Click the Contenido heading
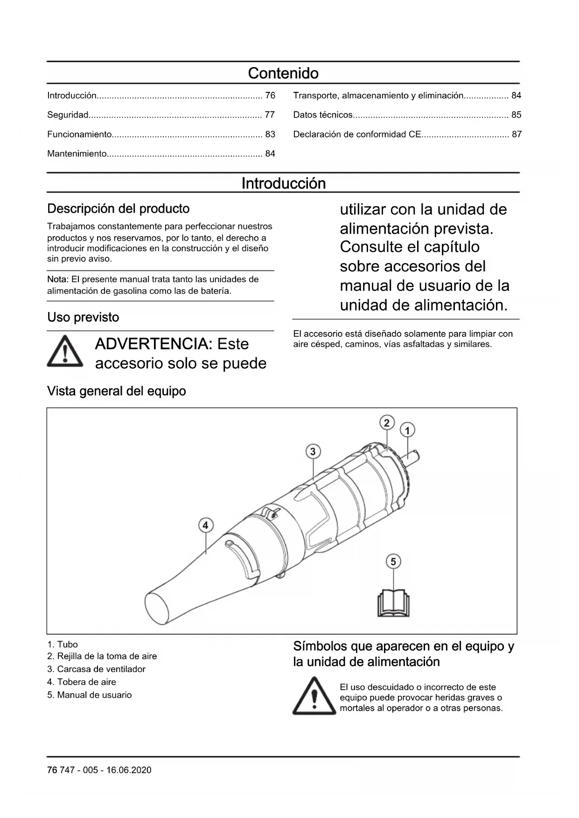tap(283, 73)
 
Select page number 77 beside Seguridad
tap(270, 115)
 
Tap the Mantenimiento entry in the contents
tap(77, 153)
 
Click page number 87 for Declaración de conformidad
tap(516, 134)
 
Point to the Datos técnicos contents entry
tap(323, 115)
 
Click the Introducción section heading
tap(283, 183)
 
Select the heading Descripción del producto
tap(118, 208)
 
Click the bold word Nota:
tap(58, 279)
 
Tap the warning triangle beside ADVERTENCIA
tap(65, 351)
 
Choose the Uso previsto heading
tap(83, 317)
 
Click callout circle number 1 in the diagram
tap(407, 430)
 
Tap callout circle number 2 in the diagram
tap(387, 423)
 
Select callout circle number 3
tap(313, 451)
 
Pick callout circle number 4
tap(205, 525)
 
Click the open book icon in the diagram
tap(393, 603)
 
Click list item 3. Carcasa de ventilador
tap(96, 669)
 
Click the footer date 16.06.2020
tap(129, 770)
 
